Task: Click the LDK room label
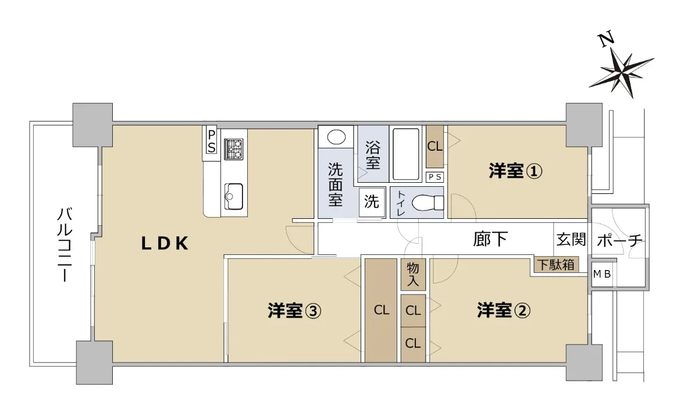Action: (165, 243)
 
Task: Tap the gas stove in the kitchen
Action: (233, 149)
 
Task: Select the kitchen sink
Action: (233, 196)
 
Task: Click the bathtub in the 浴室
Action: (406, 154)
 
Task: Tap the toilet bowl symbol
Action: (428, 203)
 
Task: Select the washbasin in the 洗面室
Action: (336, 137)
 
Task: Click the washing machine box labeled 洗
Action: (372, 202)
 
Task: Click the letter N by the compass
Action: (606, 40)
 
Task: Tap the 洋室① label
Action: (515, 171)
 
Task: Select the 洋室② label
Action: (504, 310)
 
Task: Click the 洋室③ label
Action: (294, 310)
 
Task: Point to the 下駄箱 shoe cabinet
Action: (556, 265)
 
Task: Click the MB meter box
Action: (602, 274)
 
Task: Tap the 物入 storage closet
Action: (413, 274)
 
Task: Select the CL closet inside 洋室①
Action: (435, 146)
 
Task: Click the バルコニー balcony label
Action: (65, 245)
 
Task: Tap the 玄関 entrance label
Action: (571, 239)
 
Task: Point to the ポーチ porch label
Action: (619, 240)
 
